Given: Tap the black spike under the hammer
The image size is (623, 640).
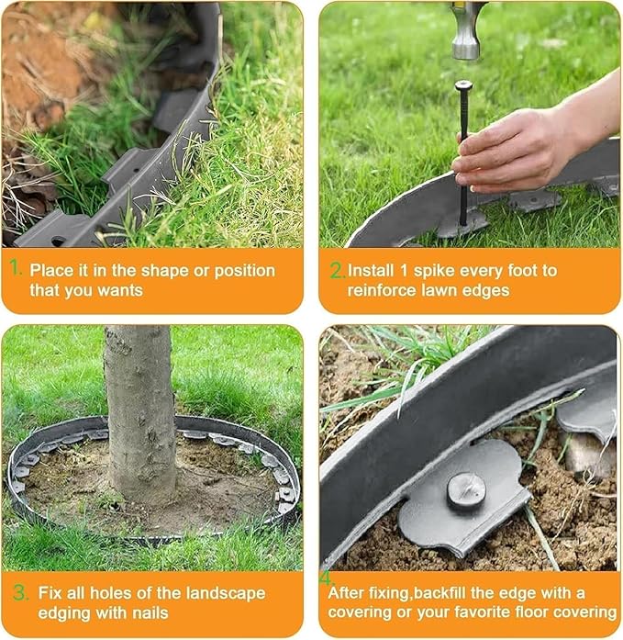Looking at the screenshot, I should pyautogui.click(x=463, y=147).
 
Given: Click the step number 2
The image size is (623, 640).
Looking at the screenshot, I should pyautogui.click(x=337, y=270).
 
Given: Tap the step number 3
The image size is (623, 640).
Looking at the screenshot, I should pyautogui.click(x=18, y=593).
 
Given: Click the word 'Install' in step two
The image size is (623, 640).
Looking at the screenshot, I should pyautogui.click(x=373, y=271).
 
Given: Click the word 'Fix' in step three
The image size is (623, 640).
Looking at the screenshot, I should pyautogui.click(x=51, y=593).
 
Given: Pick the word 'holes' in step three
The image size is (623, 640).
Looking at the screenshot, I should pyautogui.click(x=110, y=593).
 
